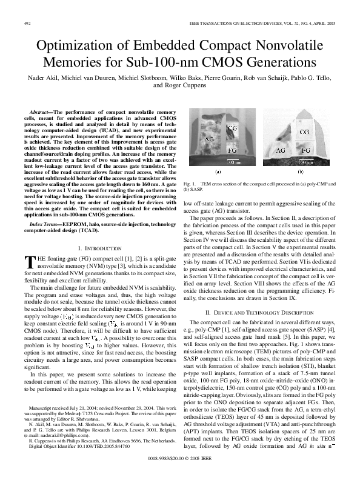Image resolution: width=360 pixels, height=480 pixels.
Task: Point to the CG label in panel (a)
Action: (x=232, y=129)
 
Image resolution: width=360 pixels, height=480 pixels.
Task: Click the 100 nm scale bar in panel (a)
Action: (x=233, y=162)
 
